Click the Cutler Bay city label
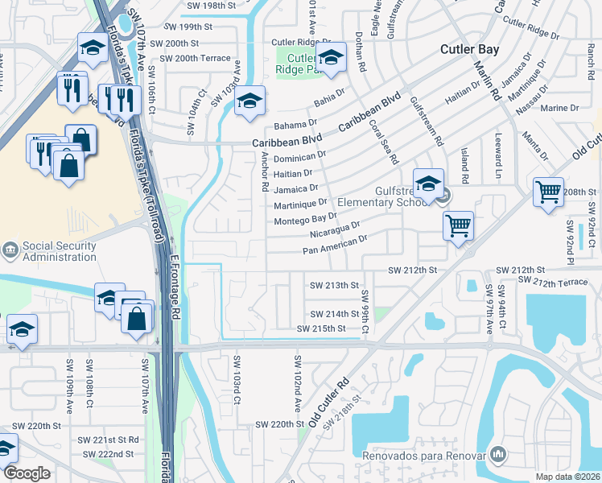(x=469, y=49)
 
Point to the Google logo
(x=27, y=473)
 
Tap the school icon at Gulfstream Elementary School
(x=428, y=184)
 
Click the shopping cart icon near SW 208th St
(x=548, y=192)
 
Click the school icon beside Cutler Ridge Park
(x=329, y=56)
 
